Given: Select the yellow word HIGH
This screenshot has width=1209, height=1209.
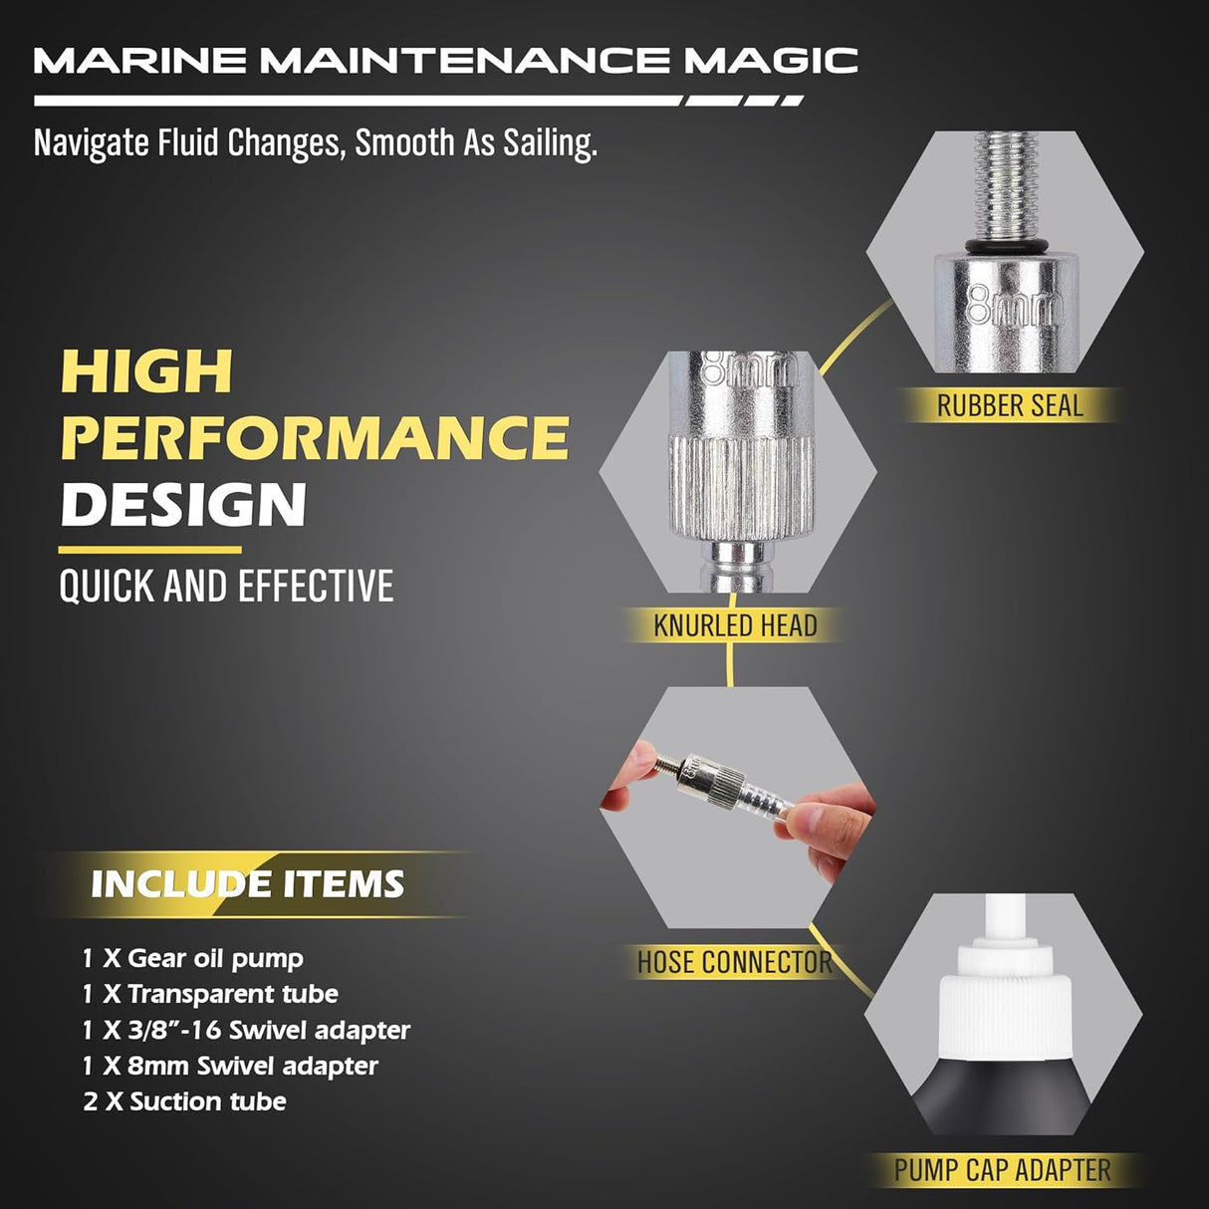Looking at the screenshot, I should [147, 371].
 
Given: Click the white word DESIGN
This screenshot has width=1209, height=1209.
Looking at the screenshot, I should [183, 505].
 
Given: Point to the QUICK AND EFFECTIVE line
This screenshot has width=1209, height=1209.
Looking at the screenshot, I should [226, 587].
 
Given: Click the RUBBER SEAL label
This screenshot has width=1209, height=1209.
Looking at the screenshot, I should [1009, 406].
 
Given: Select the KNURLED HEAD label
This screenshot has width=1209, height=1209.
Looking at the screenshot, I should [735, 626].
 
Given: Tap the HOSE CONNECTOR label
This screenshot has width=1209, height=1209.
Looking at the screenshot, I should [734, 963].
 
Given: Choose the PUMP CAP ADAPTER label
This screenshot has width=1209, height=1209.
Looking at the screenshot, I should [1002, 1170].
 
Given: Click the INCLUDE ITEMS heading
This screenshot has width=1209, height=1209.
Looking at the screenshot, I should [247, 884].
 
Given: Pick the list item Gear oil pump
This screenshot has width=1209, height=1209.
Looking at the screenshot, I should [193, 959].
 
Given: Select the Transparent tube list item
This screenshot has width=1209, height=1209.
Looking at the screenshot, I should [210, 994].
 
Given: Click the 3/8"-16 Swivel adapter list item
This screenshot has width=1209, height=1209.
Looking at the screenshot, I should [246, 1030].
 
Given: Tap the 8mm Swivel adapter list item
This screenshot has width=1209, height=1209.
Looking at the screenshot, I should [230, 1066].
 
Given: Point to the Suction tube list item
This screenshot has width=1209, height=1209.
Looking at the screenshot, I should [185, 1101].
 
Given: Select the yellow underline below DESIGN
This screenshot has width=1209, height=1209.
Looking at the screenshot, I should [149, 550].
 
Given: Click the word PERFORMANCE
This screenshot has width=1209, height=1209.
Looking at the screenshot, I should [315, 438].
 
